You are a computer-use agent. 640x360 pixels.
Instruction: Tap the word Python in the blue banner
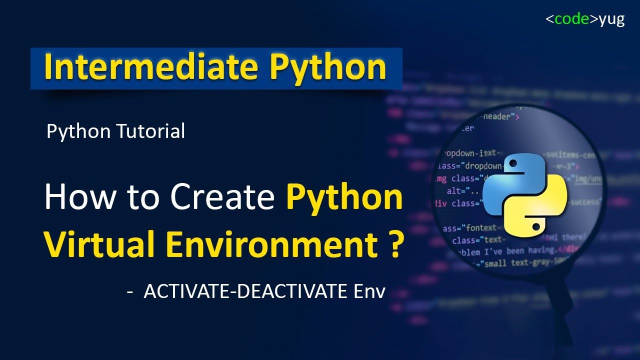coord(328,68)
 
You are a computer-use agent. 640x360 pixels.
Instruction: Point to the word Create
coord(222,197)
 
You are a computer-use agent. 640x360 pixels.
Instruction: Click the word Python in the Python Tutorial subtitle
coord(78,131)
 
